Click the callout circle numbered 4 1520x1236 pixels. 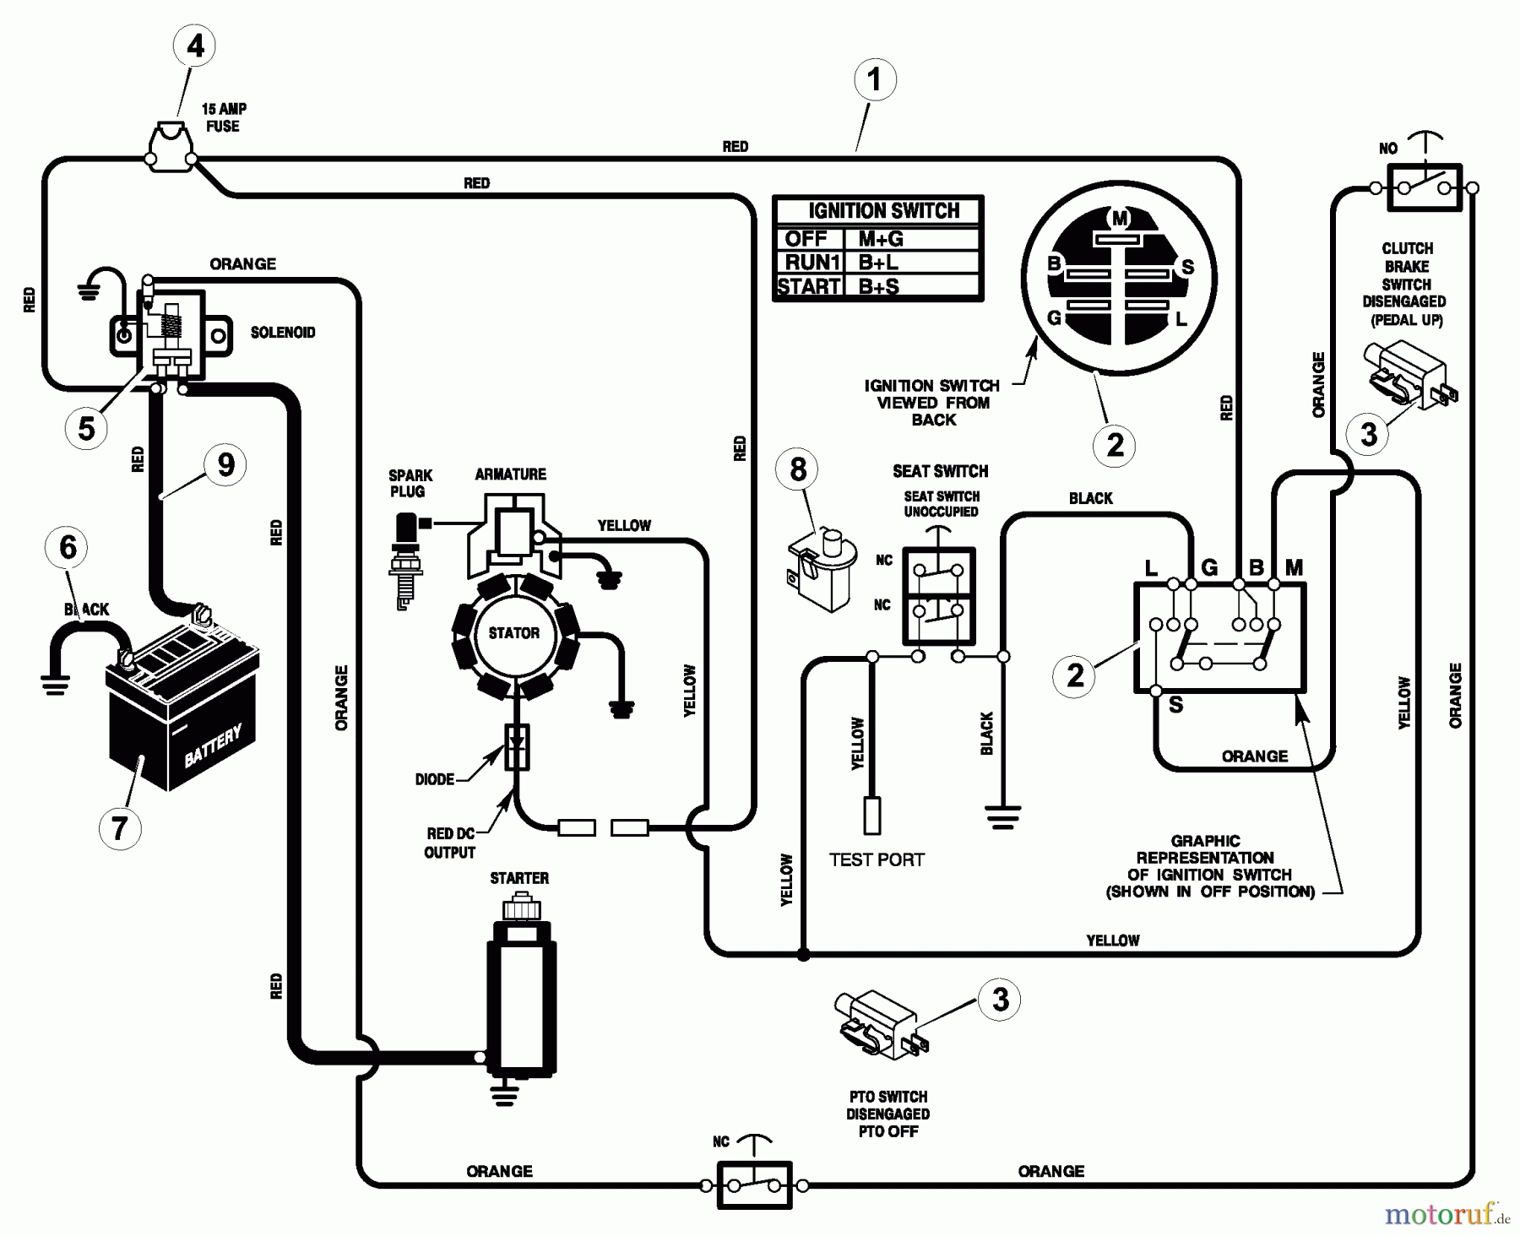[x=195, y=46]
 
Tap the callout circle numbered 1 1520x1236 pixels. [x=875, y=80]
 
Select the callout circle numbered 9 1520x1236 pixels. [x=225, y=464]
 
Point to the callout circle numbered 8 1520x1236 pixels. [x=798, y=469]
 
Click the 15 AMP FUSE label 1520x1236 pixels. [x=224, y=117]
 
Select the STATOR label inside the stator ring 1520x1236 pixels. [x=513, y=632]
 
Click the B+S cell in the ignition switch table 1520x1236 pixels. [x=879, y=286]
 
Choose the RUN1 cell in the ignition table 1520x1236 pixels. [x=809, y=263]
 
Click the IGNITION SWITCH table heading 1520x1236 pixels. [x=883, y=210]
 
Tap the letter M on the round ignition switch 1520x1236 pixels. [x=1120, y=220]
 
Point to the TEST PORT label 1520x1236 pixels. [x=877, y=859]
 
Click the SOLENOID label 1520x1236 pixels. [x=283, y=333]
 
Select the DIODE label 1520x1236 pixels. [x=434, y=779]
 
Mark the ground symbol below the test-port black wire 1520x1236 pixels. [x=1002, y=816]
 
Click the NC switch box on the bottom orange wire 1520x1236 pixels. [x=754, y=1185]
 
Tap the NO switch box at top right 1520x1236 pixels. [x=1424, y=187]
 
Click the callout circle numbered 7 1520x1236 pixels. [x=119, y=828]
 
